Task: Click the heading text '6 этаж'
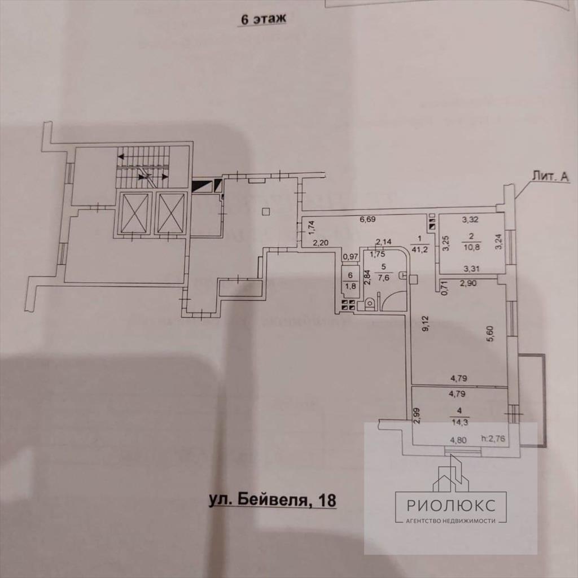point(263,19)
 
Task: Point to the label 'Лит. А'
point(549,177)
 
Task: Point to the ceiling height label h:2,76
point(492,437)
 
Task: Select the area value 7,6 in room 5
point(384,277)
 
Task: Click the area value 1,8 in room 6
point(350,285)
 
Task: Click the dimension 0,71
point(444,289)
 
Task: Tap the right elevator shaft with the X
point(170,213)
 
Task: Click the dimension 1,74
point(310,226)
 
